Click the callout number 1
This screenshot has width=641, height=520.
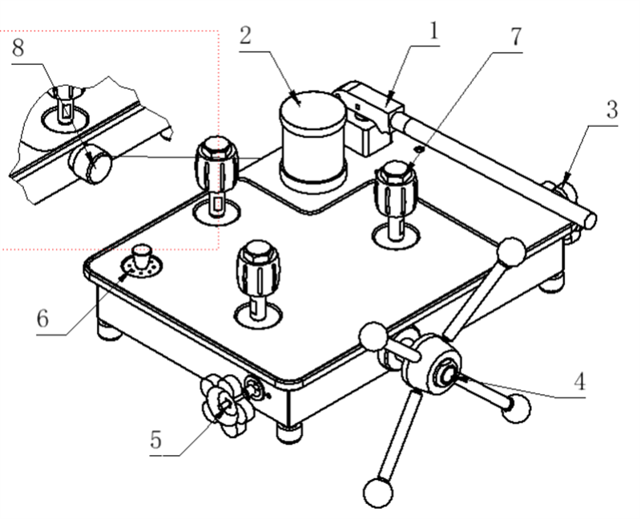(x=433, y=31)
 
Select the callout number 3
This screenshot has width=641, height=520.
(x=611, y=111)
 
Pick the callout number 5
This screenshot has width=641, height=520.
(x=156, y=440)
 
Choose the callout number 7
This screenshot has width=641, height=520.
(x=514, y=37)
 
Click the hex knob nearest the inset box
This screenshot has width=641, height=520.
(x=216, y=162)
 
